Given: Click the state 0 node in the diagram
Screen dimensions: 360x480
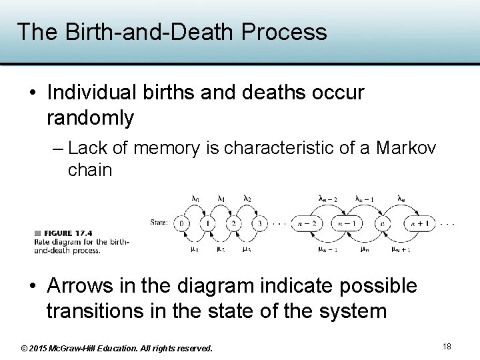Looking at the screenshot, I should [181, 223].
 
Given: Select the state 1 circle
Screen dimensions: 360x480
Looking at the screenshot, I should [208, 223].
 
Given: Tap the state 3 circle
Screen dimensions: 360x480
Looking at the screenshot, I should [260, 223].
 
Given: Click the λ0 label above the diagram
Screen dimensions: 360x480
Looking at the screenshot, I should [195, 198].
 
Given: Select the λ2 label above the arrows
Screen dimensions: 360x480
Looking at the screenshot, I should [247, 198].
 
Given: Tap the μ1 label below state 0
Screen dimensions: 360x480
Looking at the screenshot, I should [194, 249].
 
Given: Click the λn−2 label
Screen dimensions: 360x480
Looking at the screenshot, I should [328, 198].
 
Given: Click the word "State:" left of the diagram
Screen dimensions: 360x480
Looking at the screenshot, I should [159, 222].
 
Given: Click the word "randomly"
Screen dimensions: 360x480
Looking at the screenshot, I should [90, 118].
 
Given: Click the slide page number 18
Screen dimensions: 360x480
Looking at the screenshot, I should [447, 347].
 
